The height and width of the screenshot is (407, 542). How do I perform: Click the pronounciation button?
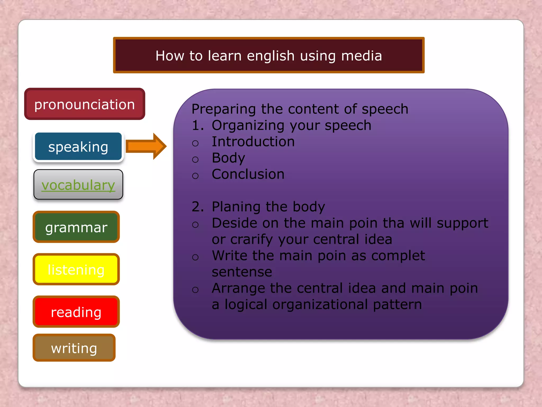point(84,104)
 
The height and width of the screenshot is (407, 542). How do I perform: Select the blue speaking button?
point(78,147)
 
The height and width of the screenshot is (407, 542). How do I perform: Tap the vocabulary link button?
point(78,185)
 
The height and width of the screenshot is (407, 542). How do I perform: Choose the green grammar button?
point(76,227)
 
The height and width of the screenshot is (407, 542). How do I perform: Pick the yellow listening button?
point(76,269)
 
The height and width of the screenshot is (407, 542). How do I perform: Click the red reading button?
point(76,312)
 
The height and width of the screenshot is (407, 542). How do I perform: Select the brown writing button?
point(74,348)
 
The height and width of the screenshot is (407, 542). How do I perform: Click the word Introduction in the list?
point(253,141)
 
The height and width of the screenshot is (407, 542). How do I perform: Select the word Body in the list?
point(228,158)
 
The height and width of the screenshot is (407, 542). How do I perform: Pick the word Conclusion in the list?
point(248,174)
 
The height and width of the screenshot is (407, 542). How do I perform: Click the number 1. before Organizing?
point(197,125)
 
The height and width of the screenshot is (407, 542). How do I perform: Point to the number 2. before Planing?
point(197,207)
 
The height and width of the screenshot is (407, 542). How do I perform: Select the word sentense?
point(242,272)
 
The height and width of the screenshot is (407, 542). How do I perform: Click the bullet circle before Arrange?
point(195,290)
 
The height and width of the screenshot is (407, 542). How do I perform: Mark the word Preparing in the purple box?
point(224,109)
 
